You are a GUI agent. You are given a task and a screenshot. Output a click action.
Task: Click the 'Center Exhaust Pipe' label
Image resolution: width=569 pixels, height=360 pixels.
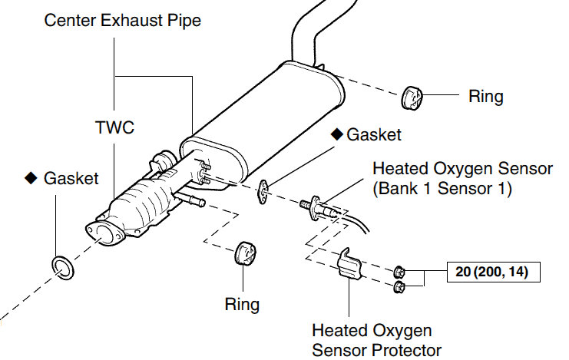tap(122, 21)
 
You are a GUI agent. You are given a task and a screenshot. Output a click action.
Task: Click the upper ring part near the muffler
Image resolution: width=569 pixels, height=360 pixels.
tap(414, 98)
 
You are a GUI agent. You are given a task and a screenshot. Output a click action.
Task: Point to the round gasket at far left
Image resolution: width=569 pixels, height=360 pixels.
tap(62, 266)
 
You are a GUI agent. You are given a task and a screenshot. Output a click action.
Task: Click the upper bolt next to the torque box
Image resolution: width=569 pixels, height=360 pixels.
tap(399, 271)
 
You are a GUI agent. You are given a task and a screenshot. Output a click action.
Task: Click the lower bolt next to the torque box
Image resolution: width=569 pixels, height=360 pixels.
tap(399, 288)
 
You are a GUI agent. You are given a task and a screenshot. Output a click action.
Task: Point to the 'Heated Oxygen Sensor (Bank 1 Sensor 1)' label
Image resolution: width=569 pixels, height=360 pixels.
tap(442, 177)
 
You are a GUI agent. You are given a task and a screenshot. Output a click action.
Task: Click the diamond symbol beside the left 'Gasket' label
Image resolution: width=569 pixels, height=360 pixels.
tap(31, 178)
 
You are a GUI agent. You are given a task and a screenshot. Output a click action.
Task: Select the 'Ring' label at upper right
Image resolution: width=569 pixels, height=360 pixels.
tap(485, 97)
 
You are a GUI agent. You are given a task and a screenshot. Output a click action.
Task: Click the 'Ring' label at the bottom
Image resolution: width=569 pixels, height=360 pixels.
tap(242, 304)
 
